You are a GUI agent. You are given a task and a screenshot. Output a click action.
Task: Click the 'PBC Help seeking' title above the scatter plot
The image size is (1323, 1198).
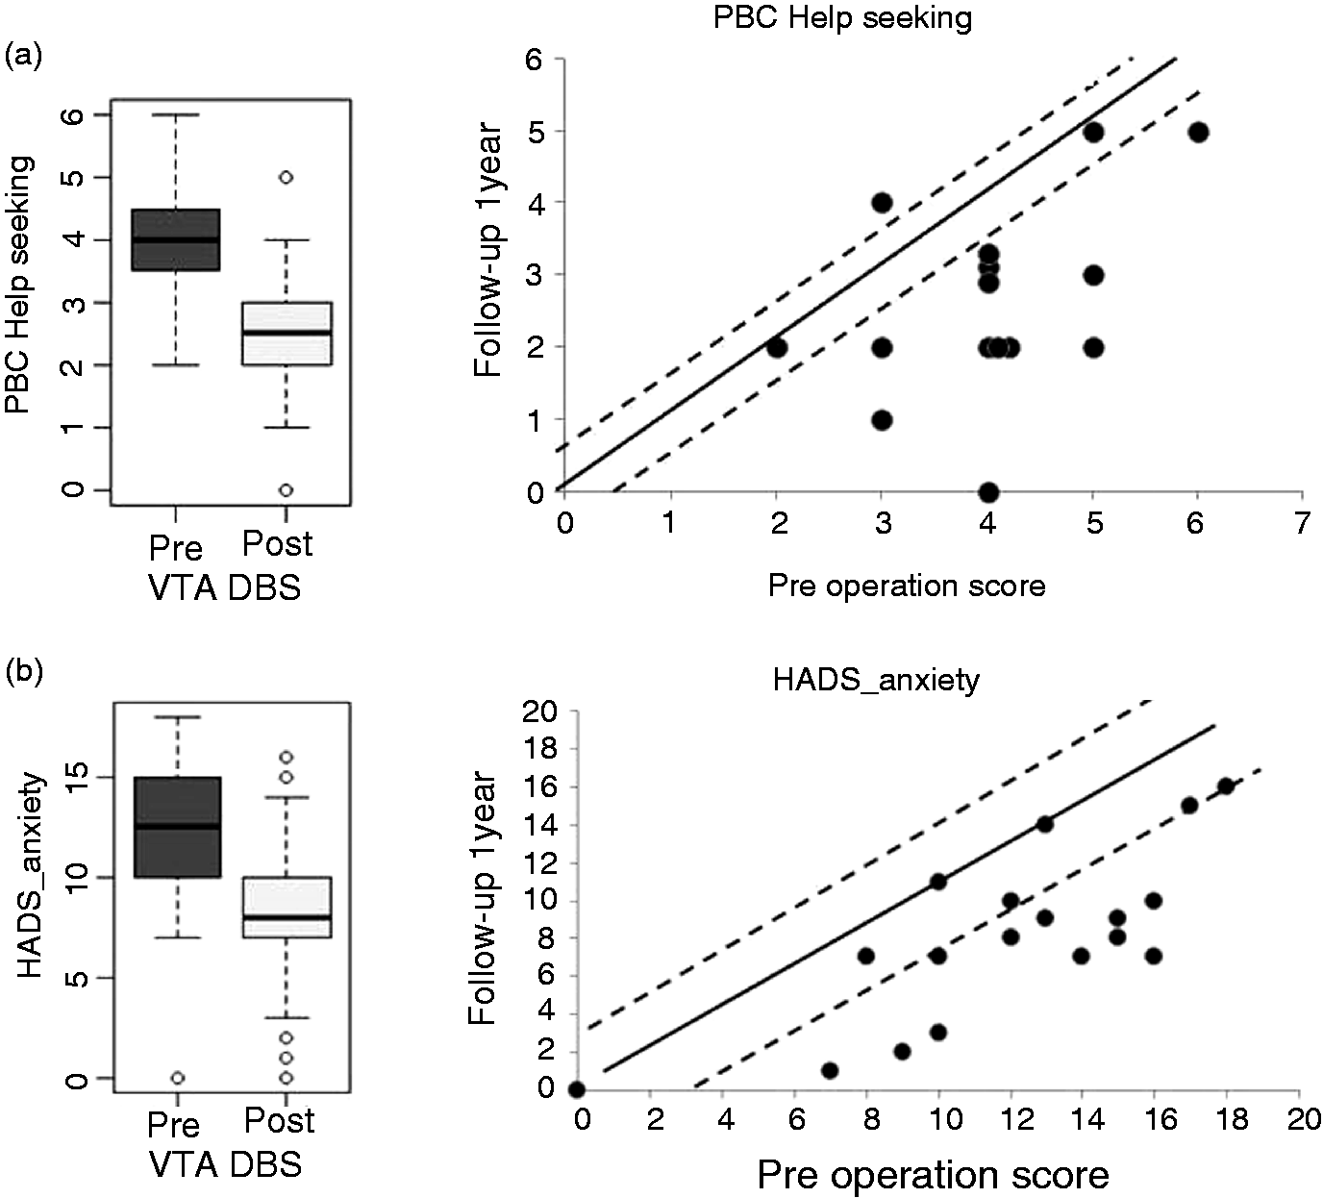(842, 17)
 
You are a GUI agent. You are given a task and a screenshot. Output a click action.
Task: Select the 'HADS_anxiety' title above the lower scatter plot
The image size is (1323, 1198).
(876, 680)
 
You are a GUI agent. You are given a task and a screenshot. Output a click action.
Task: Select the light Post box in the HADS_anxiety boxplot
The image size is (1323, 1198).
(287, 907)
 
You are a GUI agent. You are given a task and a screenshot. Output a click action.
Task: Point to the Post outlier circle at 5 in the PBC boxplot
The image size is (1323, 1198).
(286, 178)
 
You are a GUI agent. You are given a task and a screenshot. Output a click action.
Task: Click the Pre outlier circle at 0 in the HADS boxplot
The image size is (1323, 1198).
(177, 1078)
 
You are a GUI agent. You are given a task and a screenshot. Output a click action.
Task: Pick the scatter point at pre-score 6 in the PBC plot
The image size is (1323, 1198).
(1198, 132)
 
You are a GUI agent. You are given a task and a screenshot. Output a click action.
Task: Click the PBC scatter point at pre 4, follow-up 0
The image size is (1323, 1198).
(988, 492)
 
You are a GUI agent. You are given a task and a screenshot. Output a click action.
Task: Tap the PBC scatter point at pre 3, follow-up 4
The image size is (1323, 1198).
(882, 203)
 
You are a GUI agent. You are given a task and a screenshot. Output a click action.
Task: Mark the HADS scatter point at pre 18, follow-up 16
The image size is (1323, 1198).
(1225, 786)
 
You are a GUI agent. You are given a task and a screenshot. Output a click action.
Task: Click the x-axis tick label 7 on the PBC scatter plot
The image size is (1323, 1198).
(1301, 523)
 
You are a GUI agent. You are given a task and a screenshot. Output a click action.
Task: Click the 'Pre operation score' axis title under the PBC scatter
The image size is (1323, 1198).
(907, 586)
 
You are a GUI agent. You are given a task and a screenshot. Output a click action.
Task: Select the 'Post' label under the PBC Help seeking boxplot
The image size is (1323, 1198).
(277, 543)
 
